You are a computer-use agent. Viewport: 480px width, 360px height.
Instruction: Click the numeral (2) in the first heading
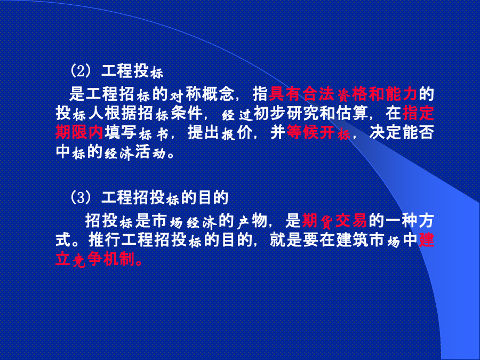click(x=81, y=71)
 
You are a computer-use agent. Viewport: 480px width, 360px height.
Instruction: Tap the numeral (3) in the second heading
click(x=81, y=197)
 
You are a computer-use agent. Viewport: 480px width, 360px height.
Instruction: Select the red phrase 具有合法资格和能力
click(x=343, y=94)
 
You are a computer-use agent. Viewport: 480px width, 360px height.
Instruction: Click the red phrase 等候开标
click(x=318, y=133)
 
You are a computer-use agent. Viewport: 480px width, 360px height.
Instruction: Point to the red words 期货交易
click(x=334, y=220)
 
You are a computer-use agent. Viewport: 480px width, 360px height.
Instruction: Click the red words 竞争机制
click(x=103, y=260)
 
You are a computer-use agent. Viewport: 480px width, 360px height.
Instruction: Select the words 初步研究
click(x=286, y=113)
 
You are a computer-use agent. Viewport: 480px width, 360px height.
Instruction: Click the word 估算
click(x=352, y=113)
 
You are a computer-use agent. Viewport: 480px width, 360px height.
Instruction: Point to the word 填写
click(x=121, y=133)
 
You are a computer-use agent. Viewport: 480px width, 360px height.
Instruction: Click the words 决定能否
click(x=402, y=133)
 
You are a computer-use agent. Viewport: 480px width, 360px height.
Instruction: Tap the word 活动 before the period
click(x=150, y=153)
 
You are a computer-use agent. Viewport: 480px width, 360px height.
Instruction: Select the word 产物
click(x=252, y=220)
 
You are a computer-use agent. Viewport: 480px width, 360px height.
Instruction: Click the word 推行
click(x=105, y=240)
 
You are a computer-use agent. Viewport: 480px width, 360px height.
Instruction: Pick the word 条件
click(x=187, y=113)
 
